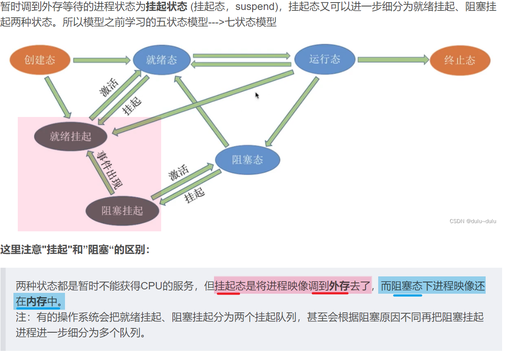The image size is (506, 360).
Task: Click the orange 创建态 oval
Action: [40, 60]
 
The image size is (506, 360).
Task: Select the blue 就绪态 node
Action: [162, 60]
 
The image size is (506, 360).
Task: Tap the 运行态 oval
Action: [324, 59]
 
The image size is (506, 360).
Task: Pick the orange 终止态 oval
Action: [460, 61]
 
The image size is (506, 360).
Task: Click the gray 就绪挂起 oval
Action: [71, 136]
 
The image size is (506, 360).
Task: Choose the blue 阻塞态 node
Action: [247, 159]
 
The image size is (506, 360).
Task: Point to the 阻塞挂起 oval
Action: [122, 211]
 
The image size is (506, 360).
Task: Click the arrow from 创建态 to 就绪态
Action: [102, 60]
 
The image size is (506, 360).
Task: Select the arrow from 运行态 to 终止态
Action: [392, 60]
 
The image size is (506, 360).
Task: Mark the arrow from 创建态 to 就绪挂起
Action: [58, 97]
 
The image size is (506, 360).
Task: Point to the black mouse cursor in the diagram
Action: [257, 95]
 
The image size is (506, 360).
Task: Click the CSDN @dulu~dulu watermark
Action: [473, 221]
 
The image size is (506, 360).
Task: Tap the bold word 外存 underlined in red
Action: [339, 286]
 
